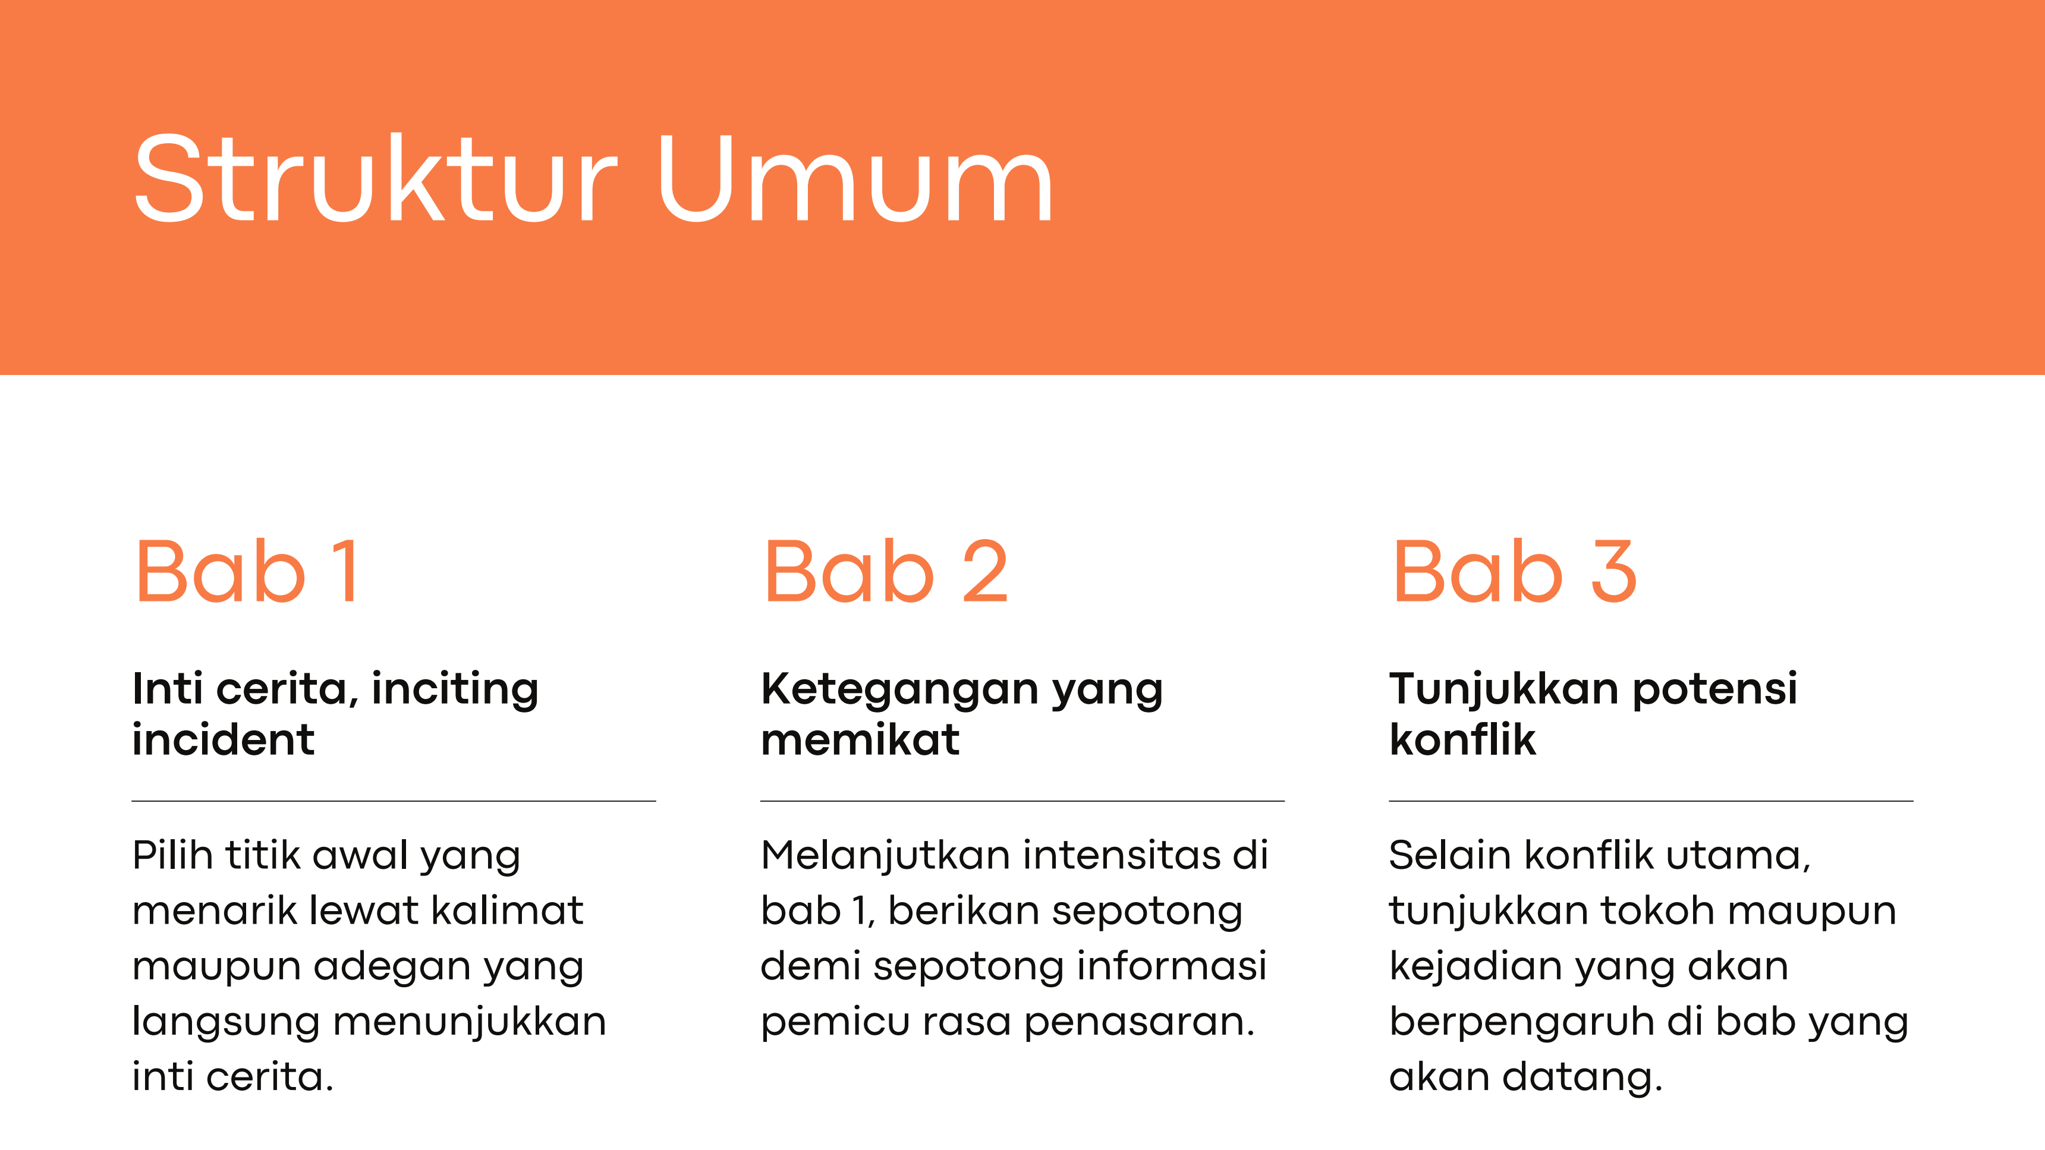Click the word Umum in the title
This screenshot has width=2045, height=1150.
click(x=855, y=178)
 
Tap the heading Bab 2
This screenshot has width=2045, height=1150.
click(x=886, y=571)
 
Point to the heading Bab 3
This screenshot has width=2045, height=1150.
click(x=1515, y=571)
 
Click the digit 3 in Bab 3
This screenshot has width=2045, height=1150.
click(x=1614, y=571)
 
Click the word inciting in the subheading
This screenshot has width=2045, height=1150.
click(x=455, y=689)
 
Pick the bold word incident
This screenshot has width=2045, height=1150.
click(x=223, y=740)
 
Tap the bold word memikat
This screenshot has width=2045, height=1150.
click(x=860, y=740)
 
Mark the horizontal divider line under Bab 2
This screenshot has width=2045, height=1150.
click(x=1022, y=801)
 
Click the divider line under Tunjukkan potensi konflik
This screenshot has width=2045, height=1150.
click(x=1651, y=801)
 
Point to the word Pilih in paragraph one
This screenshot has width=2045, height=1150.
click(x=172, y=856)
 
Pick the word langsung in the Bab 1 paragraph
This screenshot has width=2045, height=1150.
click(x=225, y=1023)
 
